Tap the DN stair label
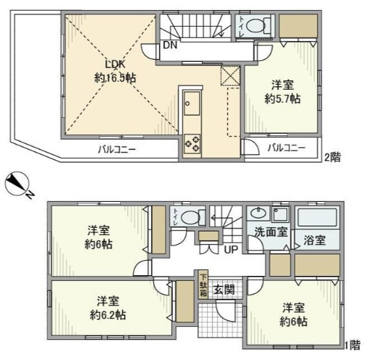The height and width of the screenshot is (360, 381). click(x=170, y=45)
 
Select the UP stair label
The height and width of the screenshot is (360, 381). click(x=231, y=249)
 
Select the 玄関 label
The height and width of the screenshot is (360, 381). click(x=224, y=290)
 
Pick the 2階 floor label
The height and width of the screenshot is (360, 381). click(x=331, y=157)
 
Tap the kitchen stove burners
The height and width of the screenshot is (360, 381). click(x=193, y=142)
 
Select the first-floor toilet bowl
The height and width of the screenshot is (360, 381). click(x=190, y=218)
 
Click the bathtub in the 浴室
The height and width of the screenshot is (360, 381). click(x=318, y=218)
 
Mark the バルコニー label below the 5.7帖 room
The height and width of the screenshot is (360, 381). click(x=286, y=148)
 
